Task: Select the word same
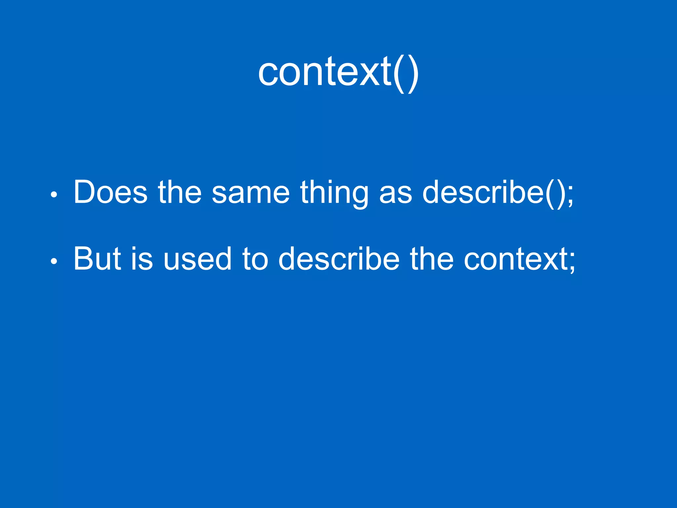[x=251, y=192]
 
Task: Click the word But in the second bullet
[x=97, y=259]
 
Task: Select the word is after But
[x=142, y=259]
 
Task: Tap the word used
[x=197, y=259]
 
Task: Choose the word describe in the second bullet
[x=339, y=259]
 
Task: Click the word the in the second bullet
[x=432, y=259]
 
